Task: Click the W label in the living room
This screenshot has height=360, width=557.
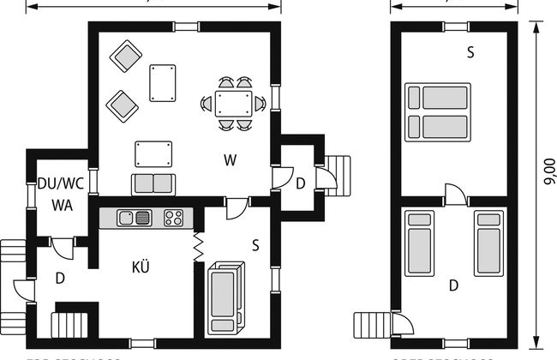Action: click(x=230, y=159)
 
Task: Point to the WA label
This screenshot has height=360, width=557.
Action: click(x=60, y=205)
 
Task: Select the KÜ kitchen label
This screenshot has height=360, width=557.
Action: click(x=142, y=266)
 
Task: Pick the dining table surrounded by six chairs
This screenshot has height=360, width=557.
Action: click(x=233, y=104)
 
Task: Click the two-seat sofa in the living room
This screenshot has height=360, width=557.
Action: click(x=153, y=183)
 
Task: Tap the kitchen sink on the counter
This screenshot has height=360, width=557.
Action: click(x=134, y=218)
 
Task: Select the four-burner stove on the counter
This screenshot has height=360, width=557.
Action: click(x=174, y=218)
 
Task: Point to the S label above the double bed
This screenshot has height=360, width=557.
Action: click(x=470, y=53)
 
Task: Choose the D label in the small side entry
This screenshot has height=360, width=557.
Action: click(x=300, y=183)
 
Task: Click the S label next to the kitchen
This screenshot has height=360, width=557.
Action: click(x=255, y=243)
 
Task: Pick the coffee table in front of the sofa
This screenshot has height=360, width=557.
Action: click(x=153, y=155)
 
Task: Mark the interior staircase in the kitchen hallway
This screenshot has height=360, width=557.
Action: click(x=69, y=325)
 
